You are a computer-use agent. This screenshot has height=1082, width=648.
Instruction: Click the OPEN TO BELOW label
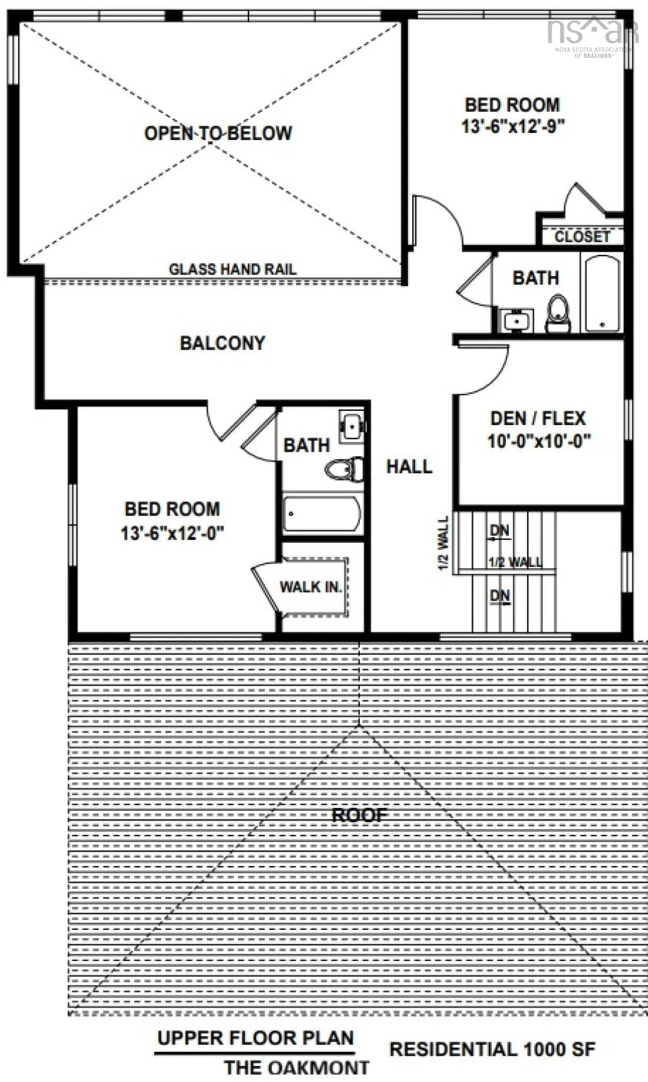pyautogui.click(x=218, y=133)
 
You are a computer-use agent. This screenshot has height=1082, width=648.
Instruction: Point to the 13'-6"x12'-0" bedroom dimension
pyautogui.click(x=172, y=533)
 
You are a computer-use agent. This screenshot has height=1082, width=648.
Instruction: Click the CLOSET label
pyautogui.click(x=582, y=237)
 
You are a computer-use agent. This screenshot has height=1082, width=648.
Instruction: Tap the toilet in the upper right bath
pyautogui.click(x=558, y=314)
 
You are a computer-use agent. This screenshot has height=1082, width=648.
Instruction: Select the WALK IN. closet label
pyautogui.click(x=310, y=587)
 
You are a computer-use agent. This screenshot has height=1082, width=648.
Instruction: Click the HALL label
pyautogui.click(x=409, y=467)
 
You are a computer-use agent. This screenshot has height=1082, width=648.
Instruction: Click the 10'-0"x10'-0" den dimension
pyautogui.click(x=539, y=441)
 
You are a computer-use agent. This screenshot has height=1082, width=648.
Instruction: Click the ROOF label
pyautogui.click(x=359, y=815)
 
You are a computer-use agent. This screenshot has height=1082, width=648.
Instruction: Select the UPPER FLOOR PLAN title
pyautogui.click(x=255, y=1038)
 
